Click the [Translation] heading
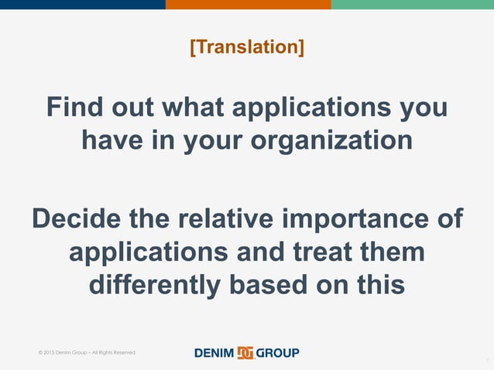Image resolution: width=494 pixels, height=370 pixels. pos(247,47)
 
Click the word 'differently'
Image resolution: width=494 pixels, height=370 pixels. pos(155,285)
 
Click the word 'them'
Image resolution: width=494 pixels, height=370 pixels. pos(396,252)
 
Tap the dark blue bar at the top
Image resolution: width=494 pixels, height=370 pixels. pos(82,5)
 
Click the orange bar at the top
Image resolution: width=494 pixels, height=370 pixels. pos(248,5)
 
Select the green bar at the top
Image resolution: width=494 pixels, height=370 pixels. pos(412,5)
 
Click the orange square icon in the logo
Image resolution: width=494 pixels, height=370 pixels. pos(245,353)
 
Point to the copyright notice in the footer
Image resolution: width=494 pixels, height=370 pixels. pos(86,353)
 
